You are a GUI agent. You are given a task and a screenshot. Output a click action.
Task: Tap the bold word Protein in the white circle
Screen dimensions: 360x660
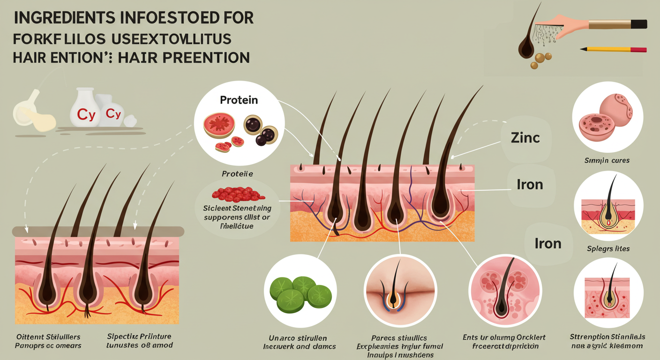tap(239, 100)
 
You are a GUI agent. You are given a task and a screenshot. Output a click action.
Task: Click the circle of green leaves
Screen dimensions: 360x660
tap(298, 295)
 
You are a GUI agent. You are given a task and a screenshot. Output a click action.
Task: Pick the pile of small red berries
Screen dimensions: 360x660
tap(238, 194)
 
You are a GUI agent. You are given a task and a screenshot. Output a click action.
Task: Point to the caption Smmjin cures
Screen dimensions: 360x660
tap(607, 160)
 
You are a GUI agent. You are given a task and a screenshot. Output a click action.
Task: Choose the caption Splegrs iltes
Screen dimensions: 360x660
tap(608, 248)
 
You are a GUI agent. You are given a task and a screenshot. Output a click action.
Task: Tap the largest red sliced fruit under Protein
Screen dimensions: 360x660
tap(219, 124)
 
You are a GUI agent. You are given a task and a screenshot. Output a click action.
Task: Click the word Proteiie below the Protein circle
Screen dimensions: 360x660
tap(237, 173)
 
